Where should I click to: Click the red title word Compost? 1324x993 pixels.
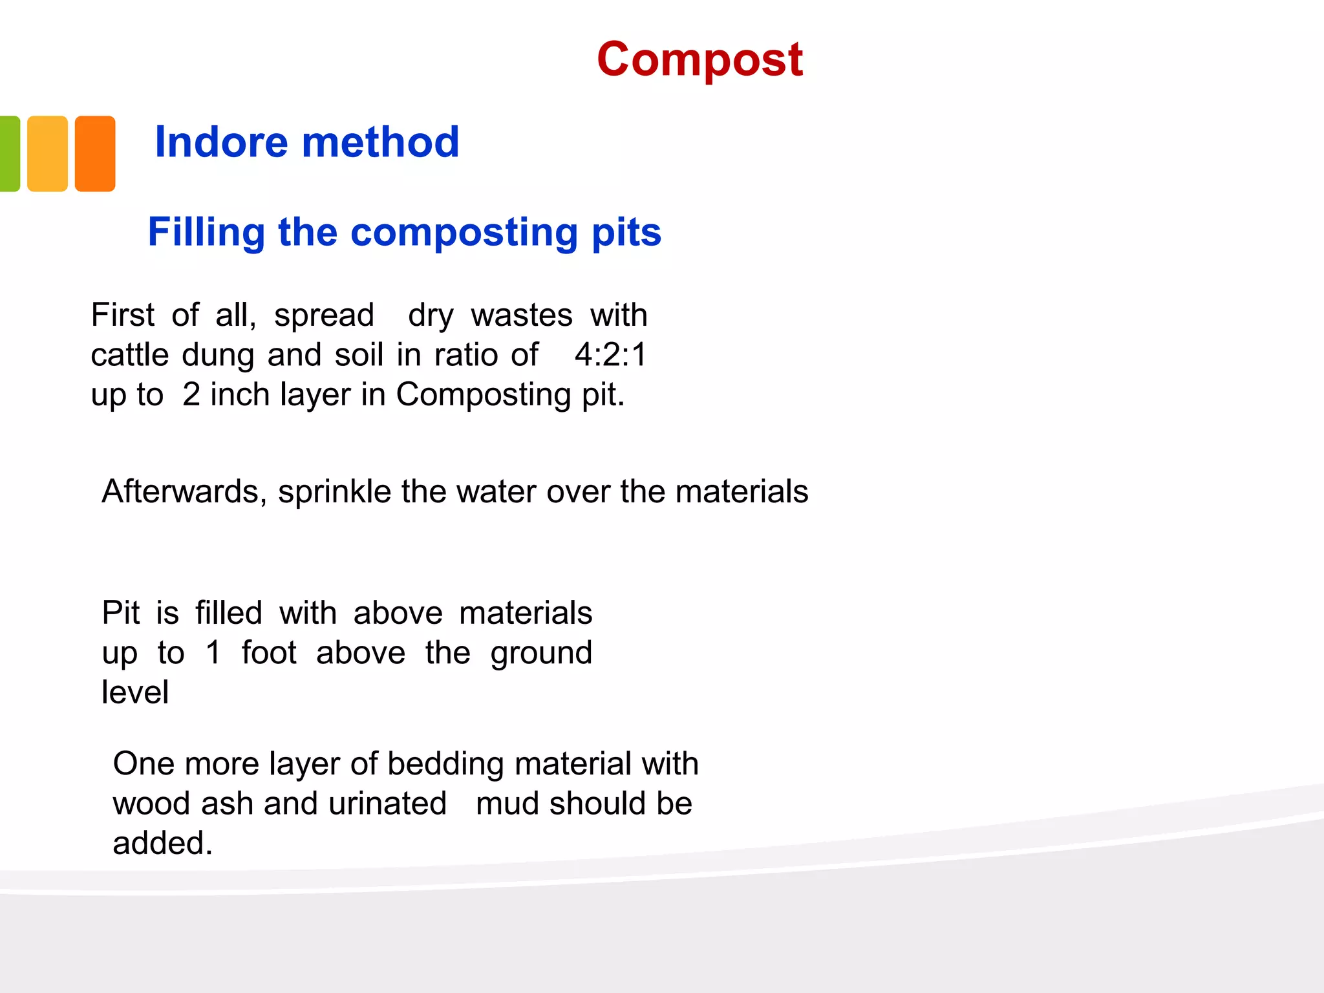coord(699,59)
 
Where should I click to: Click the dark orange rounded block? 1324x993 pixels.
coord(95,154)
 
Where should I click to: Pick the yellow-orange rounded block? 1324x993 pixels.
coord(47,154)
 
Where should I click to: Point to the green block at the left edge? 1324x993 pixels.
coord(9,154)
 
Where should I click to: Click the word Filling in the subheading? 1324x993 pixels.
coord(206,232)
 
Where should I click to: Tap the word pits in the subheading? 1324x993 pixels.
coord(626,232)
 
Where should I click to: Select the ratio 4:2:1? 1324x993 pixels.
coord(610,355)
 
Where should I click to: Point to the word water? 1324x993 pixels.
coord(496,492)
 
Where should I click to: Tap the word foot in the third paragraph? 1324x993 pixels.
coord(269,652)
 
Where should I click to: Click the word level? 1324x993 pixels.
coord(135,692)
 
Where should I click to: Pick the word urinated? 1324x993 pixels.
coord(387,804)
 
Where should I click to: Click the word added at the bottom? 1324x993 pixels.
coord(162,844)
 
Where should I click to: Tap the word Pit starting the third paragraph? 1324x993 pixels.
coord(120,613)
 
